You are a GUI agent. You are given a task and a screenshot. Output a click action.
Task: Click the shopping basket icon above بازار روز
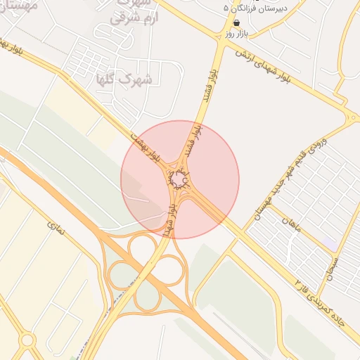(236, 22)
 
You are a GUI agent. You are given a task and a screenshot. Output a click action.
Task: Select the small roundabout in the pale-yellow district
(27, 340)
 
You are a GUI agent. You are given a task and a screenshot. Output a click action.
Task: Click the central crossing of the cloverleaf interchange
(147, 271)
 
